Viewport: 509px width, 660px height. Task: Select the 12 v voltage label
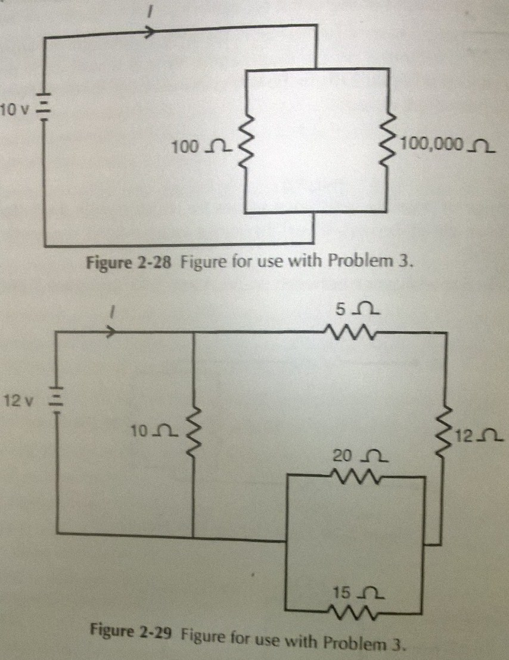[x=19, y=400]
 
